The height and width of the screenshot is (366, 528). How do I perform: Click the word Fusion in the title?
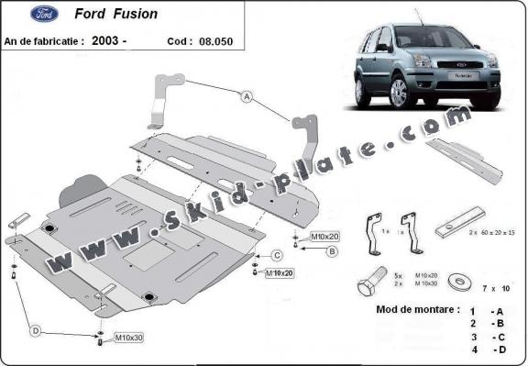pyautogui.click(x=135, y=14)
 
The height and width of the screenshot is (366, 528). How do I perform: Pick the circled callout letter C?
pyautogui.click(x=277, y=255)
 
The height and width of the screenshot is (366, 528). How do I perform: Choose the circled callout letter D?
pyautogui.click(x=36, y=330)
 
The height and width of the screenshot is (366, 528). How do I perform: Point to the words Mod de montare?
pyautogui.click(x=418, y=309)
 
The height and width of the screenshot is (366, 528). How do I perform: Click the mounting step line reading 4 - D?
pyautogui.click(x=486, y=349)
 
